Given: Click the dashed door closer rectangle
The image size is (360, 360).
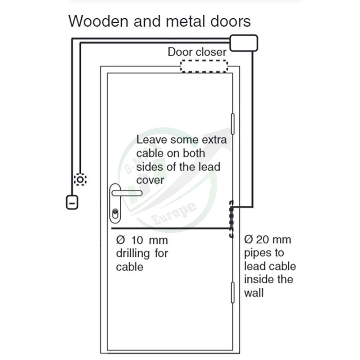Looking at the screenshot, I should coord(204,66).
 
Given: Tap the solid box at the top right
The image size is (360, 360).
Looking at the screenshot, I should coord(243,43).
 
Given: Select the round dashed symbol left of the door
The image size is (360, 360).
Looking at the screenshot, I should coord(80,179).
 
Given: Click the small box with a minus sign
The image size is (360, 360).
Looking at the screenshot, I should coord(72,202).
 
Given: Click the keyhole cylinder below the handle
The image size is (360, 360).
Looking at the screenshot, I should coord(115,213).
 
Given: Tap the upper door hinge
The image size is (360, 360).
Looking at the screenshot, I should coord(233,123).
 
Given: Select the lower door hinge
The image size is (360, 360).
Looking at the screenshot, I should coord(233,292).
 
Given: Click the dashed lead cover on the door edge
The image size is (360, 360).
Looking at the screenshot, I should coord(231,219).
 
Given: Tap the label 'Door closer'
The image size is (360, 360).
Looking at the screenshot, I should coord(197,51).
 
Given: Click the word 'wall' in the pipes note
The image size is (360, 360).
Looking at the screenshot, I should coord(254,292).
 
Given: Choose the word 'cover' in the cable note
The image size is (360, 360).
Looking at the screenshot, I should coord(150,180).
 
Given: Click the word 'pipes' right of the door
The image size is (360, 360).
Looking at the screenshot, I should coord(258,253).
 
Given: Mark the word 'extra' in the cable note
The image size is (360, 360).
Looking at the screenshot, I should coord(211,139).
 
